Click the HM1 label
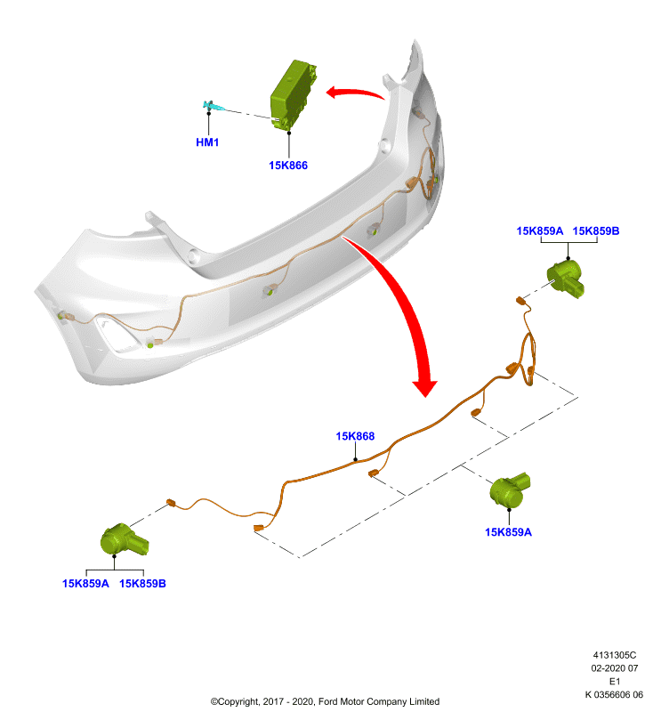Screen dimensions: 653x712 click(x=207, y=142)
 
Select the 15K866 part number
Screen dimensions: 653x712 click(x=288, y=166)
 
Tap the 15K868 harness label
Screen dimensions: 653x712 click(x=355, y=436)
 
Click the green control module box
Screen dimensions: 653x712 click(x=293, y=95)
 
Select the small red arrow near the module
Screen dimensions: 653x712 click(x=355, y=93)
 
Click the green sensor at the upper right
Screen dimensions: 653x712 click(x=566, y=278)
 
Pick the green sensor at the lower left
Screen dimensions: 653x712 click(x=124, y=539)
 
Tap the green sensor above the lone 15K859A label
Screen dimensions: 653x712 click(x=509, y=490)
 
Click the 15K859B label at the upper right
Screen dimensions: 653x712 click(x=596, y=231)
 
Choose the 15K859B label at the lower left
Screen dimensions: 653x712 click(x=142, y=584)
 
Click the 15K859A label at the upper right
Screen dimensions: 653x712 click(x=539, y=231)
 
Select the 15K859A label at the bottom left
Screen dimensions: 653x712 click(x=85, y=584)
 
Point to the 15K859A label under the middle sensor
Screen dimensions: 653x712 click(x=508, y=532)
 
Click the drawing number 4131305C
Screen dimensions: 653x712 click(x=615, y=655)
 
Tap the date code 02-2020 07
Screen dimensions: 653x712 click(x=615, y=668)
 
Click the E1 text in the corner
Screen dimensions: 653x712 click(x=615, y=681)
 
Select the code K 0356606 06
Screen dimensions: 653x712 click(x=614, y=694)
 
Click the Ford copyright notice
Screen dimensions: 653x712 click(x=325, y=701)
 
